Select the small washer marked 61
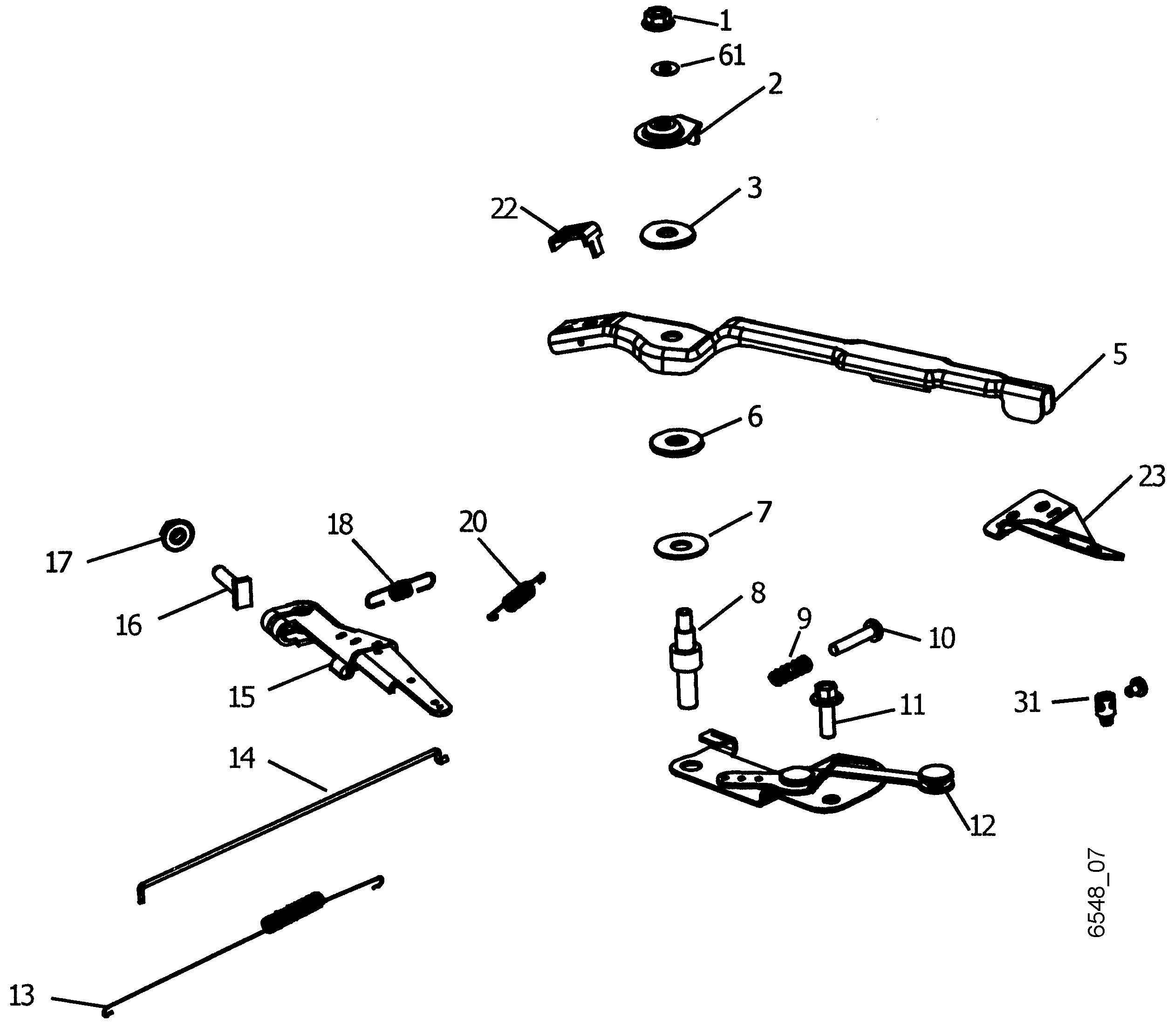click(x=665, y=68)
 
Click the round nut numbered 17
click(x=177, y=535)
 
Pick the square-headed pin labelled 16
click(x=235, y=588)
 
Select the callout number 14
click(x=241, y=758)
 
